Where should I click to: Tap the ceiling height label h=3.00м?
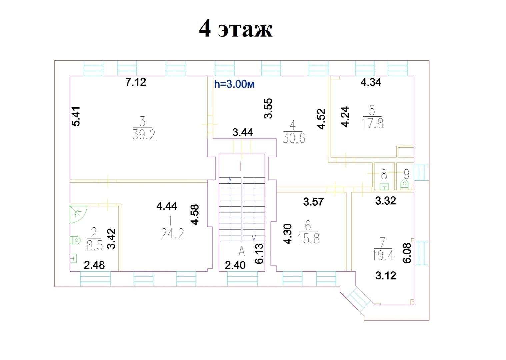point(234,84)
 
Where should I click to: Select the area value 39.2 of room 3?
point(144,135)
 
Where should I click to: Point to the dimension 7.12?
point(136,82)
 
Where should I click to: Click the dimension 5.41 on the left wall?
point(76,116)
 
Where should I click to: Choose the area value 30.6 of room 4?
point(294,138)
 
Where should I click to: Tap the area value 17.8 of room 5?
point(372,123)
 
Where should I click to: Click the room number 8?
point(384,174)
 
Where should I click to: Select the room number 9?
point(407,174)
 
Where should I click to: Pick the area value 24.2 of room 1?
point(173,234)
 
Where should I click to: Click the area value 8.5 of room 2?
point(95,245)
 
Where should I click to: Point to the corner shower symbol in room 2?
point(77,214)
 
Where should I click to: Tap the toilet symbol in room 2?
point(75,240)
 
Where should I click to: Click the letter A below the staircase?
point(241,251)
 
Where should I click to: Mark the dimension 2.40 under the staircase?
point(235,265)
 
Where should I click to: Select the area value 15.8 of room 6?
point(309,238)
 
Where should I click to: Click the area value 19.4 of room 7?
point(383,255)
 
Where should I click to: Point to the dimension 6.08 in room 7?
point(407,253)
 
